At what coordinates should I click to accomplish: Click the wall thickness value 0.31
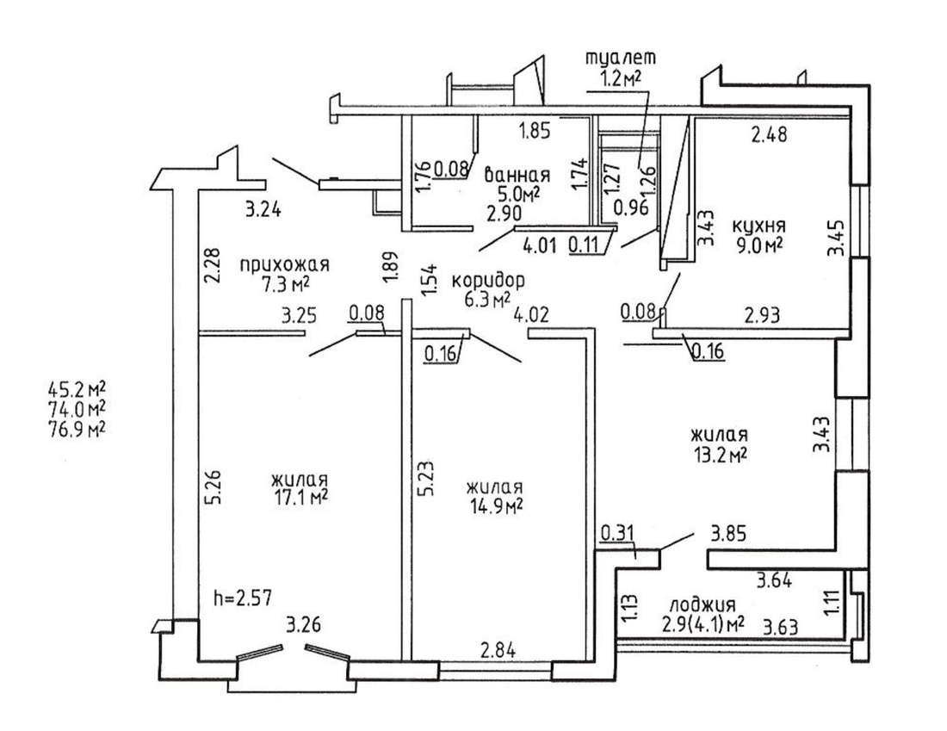617,533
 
